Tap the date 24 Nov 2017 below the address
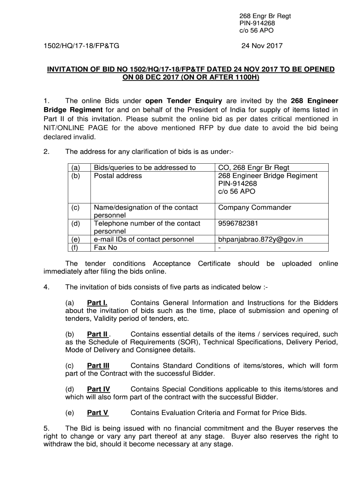tap(262, 46)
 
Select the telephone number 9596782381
tap(238, 223)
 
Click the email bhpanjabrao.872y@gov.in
tap(260, 239)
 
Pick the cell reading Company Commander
tap(254, 207)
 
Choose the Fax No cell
tap(106, 247)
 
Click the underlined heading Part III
tap(98, 365)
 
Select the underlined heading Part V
tap(98, 413)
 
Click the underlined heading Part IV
tap(99, 389)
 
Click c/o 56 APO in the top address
tap(257, 30)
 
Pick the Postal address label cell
tap(118, 175)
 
